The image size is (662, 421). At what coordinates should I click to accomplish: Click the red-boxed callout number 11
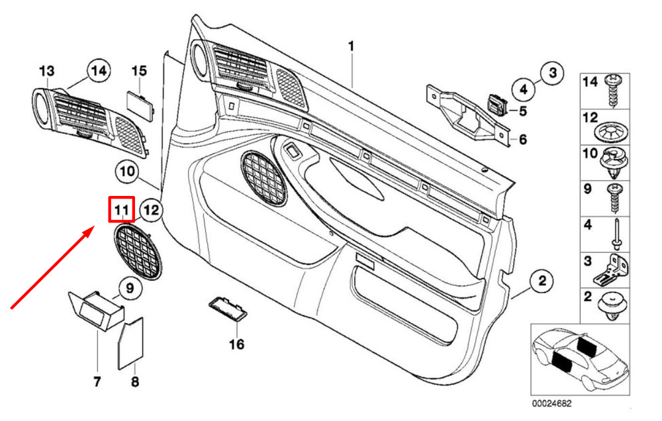122,209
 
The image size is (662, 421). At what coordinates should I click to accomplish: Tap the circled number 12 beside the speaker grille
151,210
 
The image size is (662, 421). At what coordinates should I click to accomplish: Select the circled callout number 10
127,171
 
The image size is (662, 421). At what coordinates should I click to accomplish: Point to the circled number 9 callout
130,288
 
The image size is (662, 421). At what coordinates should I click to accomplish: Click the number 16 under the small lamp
236,344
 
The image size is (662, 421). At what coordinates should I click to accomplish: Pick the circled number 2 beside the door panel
542,281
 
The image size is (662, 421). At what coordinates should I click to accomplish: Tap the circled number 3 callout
553,73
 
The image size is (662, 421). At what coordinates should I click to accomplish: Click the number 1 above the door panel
351,46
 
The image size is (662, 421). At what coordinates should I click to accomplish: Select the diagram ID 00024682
551,404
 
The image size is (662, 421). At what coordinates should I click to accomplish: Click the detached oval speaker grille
138,252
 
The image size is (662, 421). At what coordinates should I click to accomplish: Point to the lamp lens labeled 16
228,309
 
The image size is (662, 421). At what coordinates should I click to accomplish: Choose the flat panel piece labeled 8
130,344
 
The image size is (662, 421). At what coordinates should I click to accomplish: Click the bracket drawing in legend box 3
611,269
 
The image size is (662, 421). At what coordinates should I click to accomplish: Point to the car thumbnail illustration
581,360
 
